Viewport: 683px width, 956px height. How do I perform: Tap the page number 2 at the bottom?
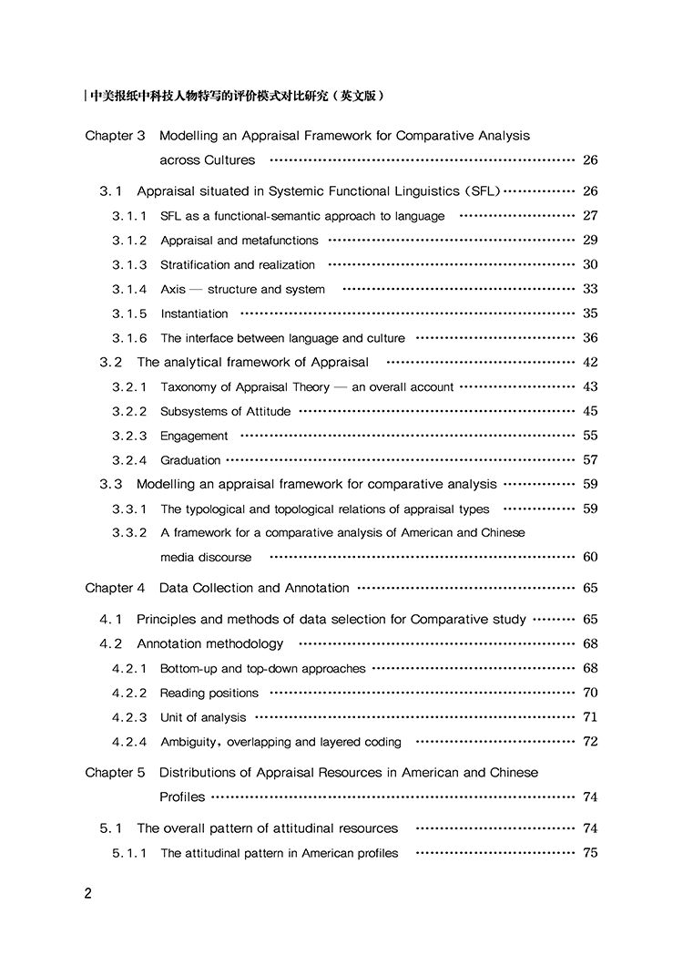point(87,894)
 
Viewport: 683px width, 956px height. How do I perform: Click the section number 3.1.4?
point(129,290)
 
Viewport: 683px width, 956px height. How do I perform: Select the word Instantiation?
point(194,314)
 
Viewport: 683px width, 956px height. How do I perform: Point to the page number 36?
point(590,338)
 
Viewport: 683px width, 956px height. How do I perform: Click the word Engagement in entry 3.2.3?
point(194,437)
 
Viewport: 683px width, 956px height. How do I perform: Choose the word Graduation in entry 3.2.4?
point(190,461)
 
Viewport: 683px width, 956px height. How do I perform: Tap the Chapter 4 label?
point(115,588)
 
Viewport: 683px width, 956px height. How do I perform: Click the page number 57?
point(590,460)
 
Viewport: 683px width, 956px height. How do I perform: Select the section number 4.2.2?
point(129,693)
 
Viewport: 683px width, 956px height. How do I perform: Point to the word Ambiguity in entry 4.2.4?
point(189,742)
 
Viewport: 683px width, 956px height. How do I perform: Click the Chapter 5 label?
point(115,773)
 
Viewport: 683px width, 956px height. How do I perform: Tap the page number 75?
point(590,853)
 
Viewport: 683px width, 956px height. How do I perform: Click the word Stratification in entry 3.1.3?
point(195,265)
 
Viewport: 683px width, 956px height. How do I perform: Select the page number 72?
point(590,741)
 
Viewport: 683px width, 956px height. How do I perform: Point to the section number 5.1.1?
point(129,854)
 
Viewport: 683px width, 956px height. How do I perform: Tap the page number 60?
point(590,557)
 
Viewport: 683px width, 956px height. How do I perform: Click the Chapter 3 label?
point(115,136)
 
